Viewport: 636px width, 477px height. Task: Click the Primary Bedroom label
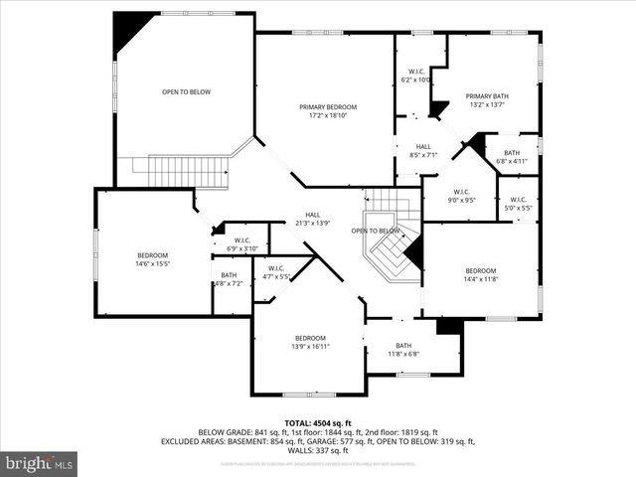328,111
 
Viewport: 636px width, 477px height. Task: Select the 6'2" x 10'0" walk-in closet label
415,76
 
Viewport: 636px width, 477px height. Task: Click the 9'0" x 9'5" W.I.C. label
461,196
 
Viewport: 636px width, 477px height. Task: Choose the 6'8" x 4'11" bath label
511,157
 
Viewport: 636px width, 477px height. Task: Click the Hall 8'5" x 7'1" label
423,151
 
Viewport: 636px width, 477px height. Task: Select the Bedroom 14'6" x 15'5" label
152,260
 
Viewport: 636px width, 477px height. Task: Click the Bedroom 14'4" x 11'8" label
480,275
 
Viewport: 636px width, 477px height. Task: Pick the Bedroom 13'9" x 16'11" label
310,342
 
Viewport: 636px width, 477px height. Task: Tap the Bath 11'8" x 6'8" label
402,350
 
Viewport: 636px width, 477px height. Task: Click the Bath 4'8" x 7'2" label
229,279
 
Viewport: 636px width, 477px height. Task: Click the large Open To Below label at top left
186,91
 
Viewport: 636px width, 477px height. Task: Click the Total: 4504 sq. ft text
317,422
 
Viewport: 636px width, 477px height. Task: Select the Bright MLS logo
40,463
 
